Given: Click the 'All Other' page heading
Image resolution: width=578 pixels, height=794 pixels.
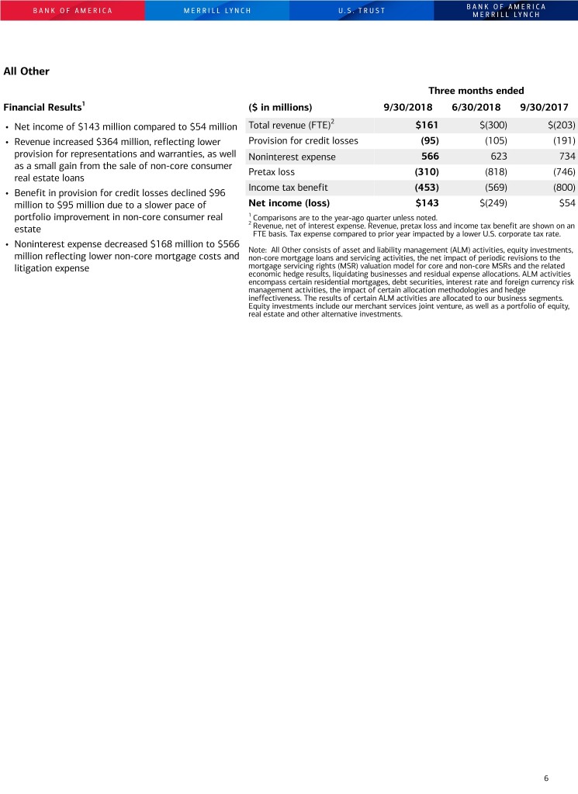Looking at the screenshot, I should point(26,71).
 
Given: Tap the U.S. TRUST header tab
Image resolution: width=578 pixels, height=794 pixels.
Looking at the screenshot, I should point(362,11).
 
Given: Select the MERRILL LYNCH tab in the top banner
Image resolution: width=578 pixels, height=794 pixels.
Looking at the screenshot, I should point(217,11).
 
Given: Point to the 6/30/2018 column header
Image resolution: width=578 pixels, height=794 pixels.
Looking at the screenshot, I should point(476,107).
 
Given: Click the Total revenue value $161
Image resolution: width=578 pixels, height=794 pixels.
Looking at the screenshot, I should point(427,125).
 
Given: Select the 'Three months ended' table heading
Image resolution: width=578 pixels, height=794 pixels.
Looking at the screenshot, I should point(476,91).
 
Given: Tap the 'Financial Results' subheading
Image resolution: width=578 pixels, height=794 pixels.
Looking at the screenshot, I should point(43,107).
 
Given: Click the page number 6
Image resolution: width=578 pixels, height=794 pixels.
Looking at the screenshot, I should point(546,778).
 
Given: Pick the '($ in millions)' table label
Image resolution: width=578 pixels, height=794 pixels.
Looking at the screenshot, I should point(280,107).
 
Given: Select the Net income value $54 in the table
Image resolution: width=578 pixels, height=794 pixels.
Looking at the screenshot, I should point(566,203).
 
